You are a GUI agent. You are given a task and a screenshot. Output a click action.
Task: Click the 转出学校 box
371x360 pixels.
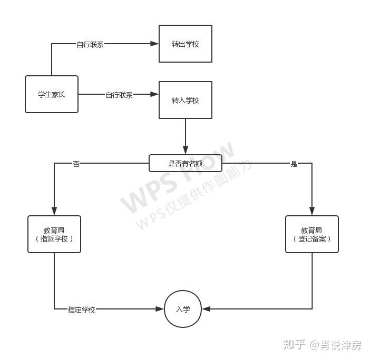(185, 44)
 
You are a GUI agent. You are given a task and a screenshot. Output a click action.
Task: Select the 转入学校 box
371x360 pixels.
(185, 100)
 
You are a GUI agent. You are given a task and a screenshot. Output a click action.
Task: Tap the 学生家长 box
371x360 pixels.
(52, 94)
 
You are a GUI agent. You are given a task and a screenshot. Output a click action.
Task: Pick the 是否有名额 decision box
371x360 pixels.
(185, 163)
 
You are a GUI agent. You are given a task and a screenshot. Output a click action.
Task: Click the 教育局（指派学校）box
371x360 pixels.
(54, 234)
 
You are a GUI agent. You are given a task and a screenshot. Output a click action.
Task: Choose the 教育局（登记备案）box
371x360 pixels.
(312, 234)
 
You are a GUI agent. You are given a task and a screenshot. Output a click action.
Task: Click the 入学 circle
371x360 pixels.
(183, 309)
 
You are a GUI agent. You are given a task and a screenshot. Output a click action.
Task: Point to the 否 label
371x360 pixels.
(76, 164)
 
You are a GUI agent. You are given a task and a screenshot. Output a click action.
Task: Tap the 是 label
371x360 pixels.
(294, 164)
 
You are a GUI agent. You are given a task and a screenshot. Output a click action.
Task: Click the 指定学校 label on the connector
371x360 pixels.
(82, 309)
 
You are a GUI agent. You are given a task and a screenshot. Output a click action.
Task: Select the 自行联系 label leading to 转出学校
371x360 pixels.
(90, 44)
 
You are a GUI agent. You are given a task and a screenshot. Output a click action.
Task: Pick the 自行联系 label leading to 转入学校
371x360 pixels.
(119, 95)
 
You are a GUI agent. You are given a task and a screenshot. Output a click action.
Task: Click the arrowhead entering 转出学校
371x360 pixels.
(155, 44)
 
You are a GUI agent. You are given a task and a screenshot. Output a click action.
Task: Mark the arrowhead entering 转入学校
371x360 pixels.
(155, 94)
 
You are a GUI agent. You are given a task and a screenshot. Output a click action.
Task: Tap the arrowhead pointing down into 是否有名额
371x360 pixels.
(185, 151)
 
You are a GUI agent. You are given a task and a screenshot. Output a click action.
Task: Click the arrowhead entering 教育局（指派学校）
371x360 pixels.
(54, 212)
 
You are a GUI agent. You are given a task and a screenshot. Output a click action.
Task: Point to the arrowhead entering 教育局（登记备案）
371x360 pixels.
(312, 212)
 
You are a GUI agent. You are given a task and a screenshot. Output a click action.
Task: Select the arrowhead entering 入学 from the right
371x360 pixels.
(207, 309)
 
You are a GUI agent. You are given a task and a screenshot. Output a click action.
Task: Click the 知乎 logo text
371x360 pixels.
(294, 345)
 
